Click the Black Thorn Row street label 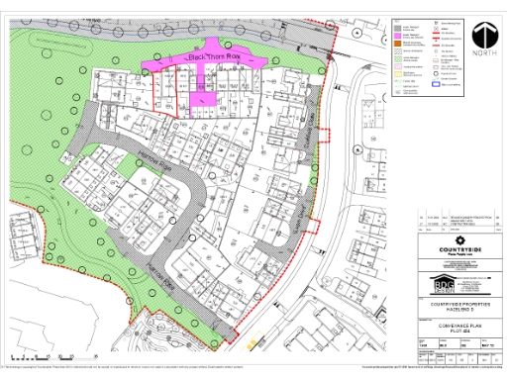(205, 58)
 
